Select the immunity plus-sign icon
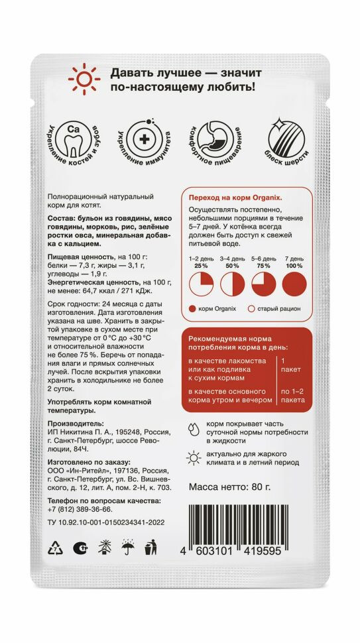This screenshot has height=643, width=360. tap(142, 140)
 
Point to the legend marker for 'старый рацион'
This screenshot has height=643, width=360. tap(251, 309)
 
